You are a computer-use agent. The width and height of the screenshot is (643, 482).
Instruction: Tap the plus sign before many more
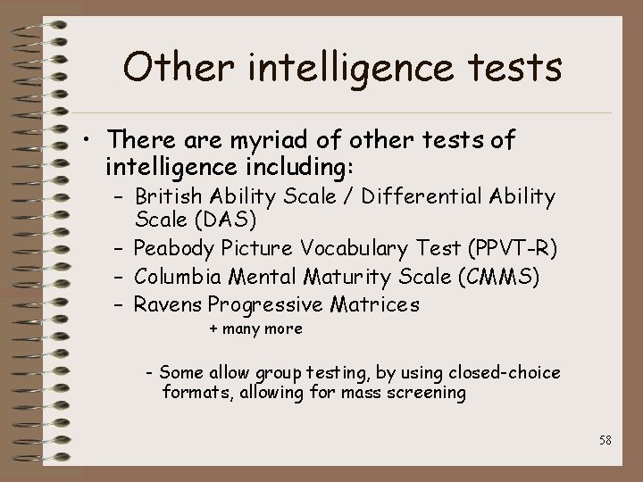(213, 329)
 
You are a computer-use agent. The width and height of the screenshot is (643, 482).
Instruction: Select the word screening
(430, 393)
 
